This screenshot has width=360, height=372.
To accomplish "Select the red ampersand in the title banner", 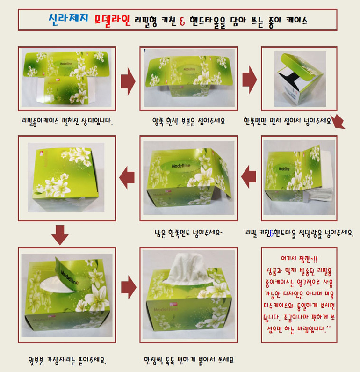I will (182, 20).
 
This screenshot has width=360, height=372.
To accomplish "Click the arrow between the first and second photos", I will (128, 81).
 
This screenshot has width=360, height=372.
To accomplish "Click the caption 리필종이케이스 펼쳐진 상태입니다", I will (67, 121).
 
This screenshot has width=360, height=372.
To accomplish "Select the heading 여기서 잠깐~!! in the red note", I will (299, 258).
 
